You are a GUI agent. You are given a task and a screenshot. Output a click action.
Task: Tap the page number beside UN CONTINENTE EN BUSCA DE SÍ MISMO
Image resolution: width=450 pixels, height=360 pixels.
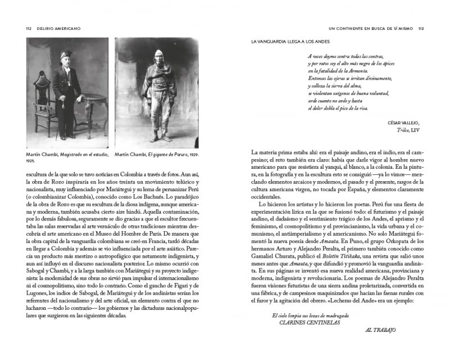point(420,28)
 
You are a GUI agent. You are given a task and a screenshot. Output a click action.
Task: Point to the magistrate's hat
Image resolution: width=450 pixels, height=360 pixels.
point(64,55)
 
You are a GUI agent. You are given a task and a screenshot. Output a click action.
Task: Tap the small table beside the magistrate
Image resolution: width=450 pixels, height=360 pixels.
point(90,112)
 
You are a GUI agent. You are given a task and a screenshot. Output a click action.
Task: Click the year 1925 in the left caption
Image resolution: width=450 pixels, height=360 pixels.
point(32,161)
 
